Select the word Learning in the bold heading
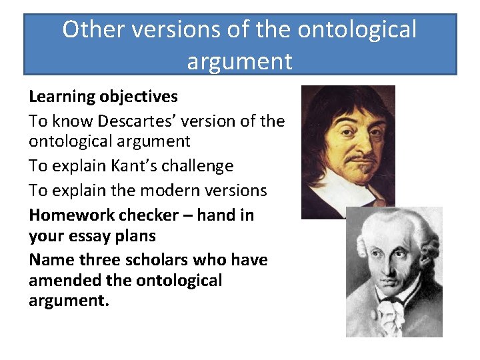[62, 97]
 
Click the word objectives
[139, 97]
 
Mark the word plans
[136, 236]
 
